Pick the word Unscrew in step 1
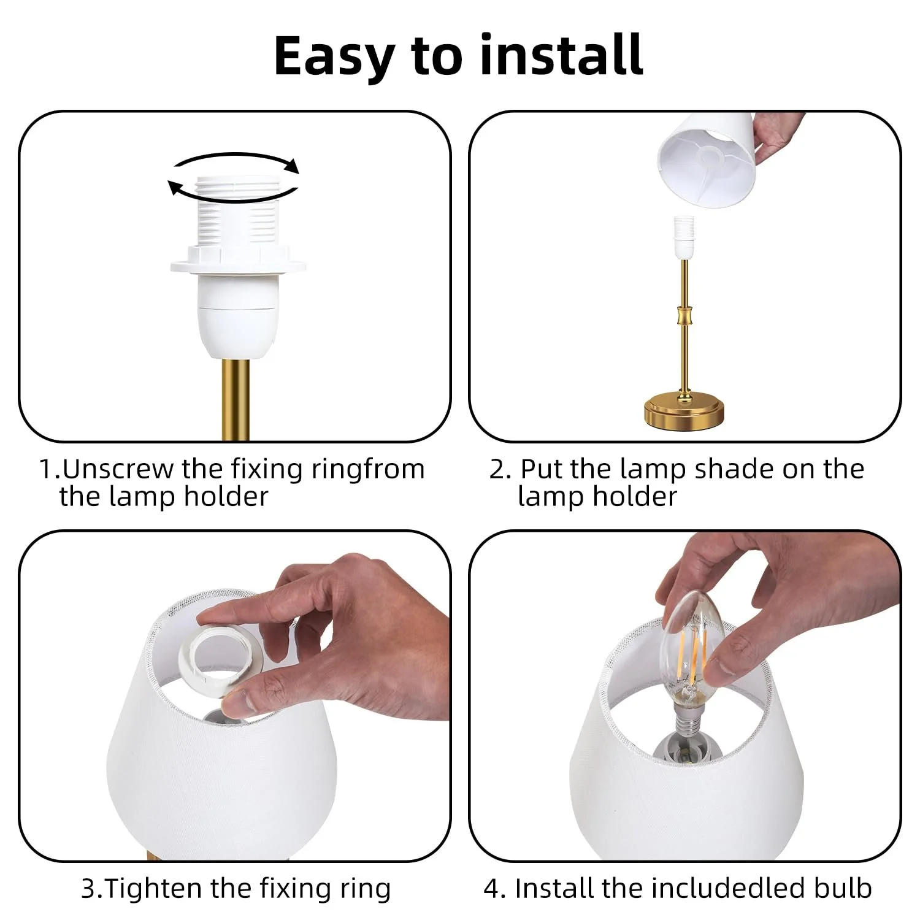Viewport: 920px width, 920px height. [x=118, y=469]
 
